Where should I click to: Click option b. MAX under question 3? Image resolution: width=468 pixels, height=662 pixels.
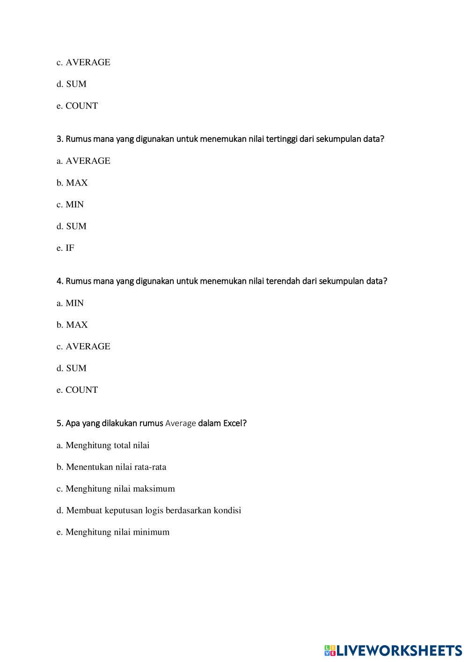(x=72, y=183)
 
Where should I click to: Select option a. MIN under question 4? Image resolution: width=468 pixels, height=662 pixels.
(x=70, y=303)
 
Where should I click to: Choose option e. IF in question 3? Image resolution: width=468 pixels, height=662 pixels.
(x=66, y=248)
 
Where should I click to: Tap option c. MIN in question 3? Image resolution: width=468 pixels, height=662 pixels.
(x=70, y=204)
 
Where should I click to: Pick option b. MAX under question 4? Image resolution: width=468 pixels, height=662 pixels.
(x=72, y=324)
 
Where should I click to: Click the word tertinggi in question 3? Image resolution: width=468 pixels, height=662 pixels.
(x=282, y=139)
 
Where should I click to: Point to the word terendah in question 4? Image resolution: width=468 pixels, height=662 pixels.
(x=283, y=281)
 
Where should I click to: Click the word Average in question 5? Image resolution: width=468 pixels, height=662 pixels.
(x=181, y=423)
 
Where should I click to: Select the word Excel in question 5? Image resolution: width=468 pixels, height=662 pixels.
(x=234, y=423)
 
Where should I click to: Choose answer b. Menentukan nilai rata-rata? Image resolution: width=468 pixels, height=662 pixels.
(x=111, y=467)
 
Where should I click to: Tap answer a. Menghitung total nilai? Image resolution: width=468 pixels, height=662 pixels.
(x=103, y=445)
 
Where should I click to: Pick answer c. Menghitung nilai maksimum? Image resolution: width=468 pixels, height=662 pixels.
(x=116, y=488)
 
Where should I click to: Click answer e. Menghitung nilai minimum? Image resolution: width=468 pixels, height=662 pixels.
(x=113, y=532)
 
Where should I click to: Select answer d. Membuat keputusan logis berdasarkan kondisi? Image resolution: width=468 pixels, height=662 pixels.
(x=149, y=510)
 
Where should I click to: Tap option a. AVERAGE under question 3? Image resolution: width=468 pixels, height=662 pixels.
(x=83, y=161)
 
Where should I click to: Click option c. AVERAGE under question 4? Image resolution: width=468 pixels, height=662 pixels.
(x=83, y=346)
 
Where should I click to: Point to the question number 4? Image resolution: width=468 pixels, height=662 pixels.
(x=59, y=281)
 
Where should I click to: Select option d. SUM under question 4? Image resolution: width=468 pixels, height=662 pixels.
(x=72, y=368)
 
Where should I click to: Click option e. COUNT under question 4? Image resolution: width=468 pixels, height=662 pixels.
(x=77, y=390)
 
